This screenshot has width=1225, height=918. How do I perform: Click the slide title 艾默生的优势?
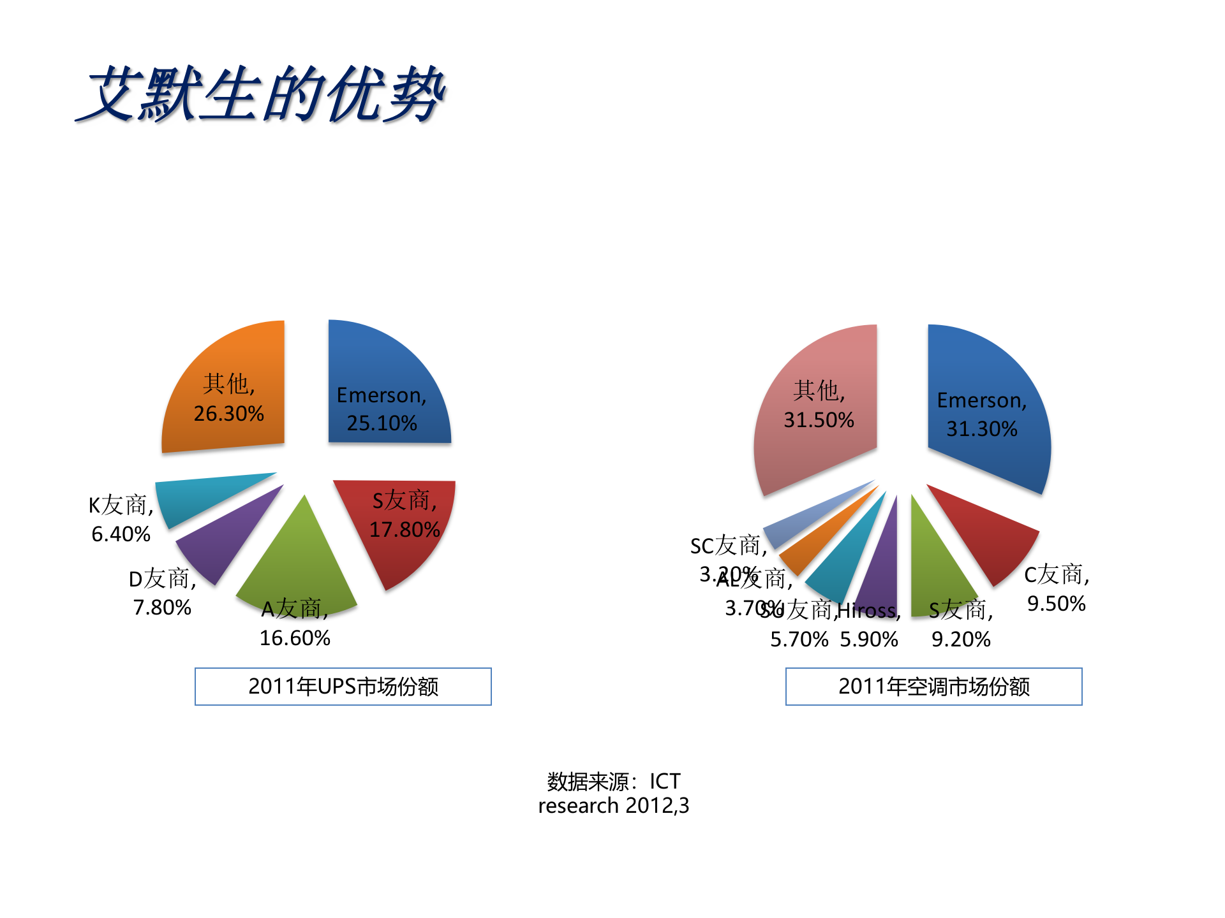(260, 94)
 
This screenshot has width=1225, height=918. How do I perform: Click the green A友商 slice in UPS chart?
(300, 561)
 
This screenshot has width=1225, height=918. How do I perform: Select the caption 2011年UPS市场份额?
(343, 687)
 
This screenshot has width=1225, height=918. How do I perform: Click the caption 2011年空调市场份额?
(934, 687)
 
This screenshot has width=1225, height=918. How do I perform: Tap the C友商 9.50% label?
(1057, 588)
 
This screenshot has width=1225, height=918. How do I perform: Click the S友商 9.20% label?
(961, 625)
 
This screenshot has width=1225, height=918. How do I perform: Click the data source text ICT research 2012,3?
(614, 794)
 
